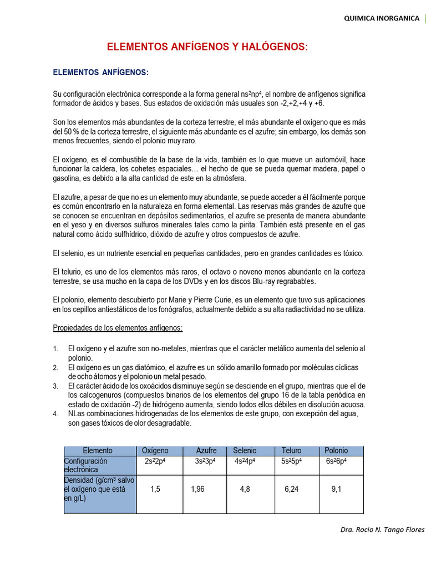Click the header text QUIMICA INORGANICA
click(382, 18)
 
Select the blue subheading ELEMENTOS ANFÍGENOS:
click(100, 73)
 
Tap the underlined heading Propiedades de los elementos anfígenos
click(118, 328)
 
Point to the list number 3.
click(55, 386)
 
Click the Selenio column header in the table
click(245, 451)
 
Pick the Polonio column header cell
click(336, 451)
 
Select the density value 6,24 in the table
click(292, 490)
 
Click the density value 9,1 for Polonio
click(337, 490)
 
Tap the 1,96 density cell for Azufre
click(198, 490)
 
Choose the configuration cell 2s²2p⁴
click(155, 461)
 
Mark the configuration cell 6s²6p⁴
click(337, 461)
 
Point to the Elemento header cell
click(98, 451)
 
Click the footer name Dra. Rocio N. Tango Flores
click(382, 530)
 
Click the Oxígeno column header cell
click(155, 451)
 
